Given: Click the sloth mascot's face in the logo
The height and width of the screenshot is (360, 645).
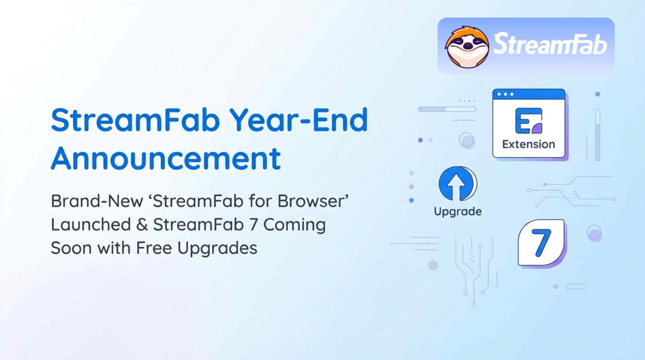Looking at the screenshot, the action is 467,47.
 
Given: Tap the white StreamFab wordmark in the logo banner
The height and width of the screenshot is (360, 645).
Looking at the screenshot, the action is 550,44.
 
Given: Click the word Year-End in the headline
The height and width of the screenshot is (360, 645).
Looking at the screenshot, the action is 299,120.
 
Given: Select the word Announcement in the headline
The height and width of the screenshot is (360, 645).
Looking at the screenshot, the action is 166,158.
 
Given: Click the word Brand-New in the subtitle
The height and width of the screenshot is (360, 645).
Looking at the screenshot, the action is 97,201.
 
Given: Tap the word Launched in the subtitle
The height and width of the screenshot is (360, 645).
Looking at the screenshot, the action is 91,225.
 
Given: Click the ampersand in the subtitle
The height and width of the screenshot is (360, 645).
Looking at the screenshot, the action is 142,225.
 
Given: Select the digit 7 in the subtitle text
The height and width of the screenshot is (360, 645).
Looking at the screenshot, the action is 253,225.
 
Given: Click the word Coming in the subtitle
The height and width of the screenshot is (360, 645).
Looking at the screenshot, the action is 295,225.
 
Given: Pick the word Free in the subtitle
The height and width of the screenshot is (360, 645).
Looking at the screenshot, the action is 154,248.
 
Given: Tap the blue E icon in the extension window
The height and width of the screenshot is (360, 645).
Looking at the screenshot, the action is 529,121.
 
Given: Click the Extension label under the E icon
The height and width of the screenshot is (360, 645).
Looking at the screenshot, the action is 529,144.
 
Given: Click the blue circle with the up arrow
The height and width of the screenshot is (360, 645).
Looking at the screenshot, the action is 457,183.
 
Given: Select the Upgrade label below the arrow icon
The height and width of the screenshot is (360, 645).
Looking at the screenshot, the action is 458,212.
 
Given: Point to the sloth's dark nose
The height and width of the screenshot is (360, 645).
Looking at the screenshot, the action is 468,46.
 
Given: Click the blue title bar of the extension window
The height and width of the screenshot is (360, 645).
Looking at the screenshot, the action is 529,95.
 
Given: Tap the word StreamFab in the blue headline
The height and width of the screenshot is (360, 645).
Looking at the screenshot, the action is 135,120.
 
